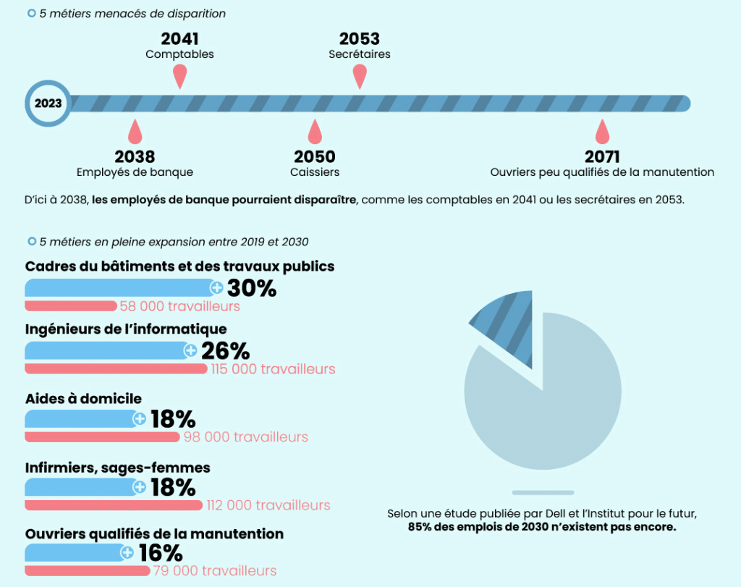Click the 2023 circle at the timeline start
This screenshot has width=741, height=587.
(x=48, y=104)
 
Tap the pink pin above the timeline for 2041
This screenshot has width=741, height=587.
(x=180, y=75)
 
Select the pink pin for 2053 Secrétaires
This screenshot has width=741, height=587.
(x=359, y=75)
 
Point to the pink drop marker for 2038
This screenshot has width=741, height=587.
(x=135, y=133)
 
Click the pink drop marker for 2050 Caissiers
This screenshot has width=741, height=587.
(x=314, y=133)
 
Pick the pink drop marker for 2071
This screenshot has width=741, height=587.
(x=602, y=133)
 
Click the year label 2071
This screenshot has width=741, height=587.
(x=602, y=156)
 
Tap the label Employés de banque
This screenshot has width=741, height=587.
(x=135, y=172)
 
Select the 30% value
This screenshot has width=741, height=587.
(x=252, y=288)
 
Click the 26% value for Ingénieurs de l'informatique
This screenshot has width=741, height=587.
(x=225, y=351)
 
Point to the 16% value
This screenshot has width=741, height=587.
(x=161, y=553)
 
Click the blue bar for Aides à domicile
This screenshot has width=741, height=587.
(x=81, y=419)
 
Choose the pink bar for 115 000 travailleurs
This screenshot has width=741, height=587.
(x=116, y=369)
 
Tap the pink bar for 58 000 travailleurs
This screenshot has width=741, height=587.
(x=70, y=306)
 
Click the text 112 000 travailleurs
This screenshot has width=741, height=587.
(x=268, y=505)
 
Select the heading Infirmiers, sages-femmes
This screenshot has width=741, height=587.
(x=117, y=468)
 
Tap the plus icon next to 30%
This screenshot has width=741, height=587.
(x=216, y=288)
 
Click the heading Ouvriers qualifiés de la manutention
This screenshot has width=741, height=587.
(x=154, y=533)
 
